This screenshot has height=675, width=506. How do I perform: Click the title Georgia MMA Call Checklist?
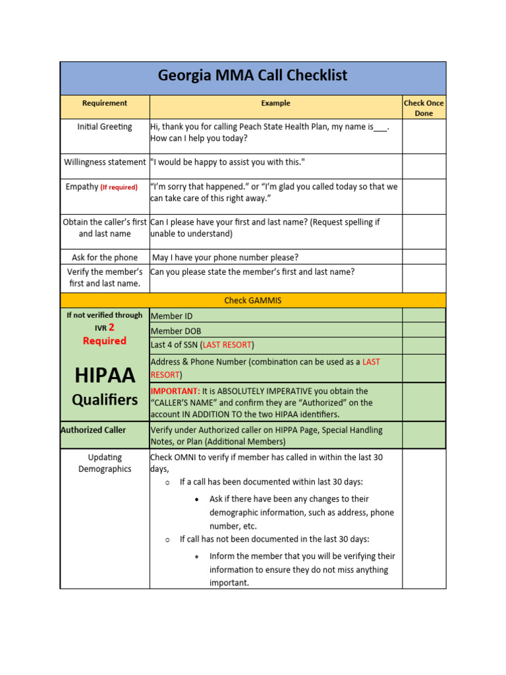[252, 76]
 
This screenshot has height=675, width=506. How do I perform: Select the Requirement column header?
[105, 103]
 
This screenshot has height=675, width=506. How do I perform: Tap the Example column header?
[275, 103]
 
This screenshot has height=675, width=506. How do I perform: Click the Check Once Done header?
[424, 108]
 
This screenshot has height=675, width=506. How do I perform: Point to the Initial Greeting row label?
[105, 127]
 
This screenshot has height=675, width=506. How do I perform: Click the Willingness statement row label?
[105, 162]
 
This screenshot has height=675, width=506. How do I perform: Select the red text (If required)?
[119, 187]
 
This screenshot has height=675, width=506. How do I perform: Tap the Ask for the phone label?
[105, 258]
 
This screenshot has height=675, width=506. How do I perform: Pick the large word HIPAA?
[105, 376]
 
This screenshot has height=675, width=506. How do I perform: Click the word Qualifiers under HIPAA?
[105, 400]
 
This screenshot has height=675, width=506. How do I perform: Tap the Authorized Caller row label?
[93, 430]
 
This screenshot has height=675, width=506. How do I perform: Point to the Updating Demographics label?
[105, 463]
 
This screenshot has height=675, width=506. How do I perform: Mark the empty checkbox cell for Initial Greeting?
[424, 136]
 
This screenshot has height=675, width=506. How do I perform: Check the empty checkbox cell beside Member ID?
[424, 316]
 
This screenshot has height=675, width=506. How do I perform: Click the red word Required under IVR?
[105, 341]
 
